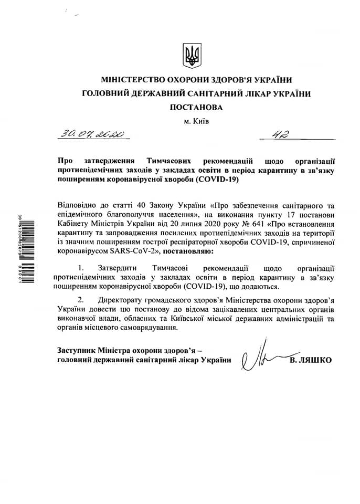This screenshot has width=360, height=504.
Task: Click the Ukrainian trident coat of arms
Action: (x=192, y=56)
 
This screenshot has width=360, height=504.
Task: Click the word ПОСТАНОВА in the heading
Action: (x=196, y=107)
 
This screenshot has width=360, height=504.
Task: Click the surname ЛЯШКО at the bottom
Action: (x=315, y=361)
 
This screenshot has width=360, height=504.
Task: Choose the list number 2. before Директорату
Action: (x=80, y=299)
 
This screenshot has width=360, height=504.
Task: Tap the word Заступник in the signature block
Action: (x=76, y=350)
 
